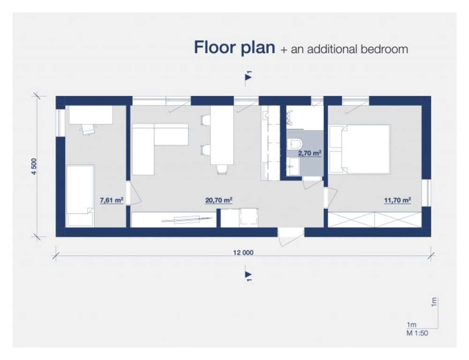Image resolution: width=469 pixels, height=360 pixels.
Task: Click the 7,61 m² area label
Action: click(x=111, y=200)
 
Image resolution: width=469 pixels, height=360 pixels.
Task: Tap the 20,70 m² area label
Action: click(x=219, y=200)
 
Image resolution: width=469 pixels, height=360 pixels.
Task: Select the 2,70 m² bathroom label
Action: click(x=310, y=153)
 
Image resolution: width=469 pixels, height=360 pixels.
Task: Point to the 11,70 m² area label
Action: click(x=398, y=200)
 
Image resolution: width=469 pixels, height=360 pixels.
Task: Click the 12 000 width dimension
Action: click(x=243, y=253)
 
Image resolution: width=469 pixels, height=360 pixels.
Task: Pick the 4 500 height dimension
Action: click(x=34, y=166)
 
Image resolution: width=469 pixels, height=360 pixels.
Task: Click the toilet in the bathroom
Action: click(x=295, y=144)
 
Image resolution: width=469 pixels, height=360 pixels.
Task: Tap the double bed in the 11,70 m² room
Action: click(x=360, y=149)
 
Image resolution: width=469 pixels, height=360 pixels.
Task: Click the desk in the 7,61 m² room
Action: click(x=91, y=115)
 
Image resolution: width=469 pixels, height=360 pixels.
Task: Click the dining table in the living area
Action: click(x=222, y=135)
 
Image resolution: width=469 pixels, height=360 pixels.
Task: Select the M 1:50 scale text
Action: click(x=417, y=333)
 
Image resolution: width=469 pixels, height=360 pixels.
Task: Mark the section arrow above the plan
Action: click(x=248, y=77)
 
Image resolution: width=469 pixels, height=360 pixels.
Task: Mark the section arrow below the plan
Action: click(x=248, y=275)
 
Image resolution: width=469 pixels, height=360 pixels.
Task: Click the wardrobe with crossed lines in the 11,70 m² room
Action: click(x=375, y=219)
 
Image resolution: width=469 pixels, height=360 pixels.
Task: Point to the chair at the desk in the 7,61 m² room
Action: click(x=88, y=130)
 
